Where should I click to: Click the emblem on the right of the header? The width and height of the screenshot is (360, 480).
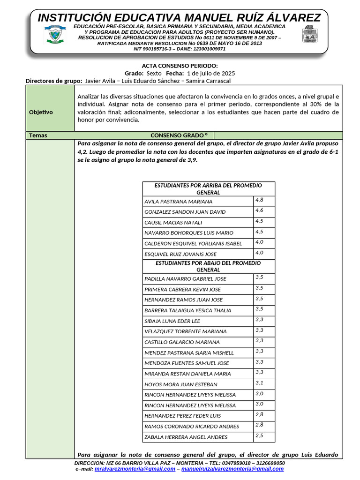309,35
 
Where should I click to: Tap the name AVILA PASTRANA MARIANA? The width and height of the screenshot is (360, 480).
178,202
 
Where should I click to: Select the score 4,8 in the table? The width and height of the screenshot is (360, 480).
259,200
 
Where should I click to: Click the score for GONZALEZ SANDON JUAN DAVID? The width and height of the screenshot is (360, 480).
259,210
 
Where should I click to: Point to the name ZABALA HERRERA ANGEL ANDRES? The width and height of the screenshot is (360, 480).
179,437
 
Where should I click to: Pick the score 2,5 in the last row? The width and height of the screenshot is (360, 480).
259,436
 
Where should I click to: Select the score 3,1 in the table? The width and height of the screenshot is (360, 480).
259,383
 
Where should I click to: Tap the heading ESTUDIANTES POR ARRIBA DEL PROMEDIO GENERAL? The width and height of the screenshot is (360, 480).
208,189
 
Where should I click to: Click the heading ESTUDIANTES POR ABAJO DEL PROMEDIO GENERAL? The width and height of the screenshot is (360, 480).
208,266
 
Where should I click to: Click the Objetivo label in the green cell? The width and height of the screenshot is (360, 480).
41,112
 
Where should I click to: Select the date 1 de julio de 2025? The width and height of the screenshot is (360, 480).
210,74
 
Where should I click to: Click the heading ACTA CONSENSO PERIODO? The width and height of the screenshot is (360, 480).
180,66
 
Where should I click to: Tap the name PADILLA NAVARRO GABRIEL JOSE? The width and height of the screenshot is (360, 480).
179,279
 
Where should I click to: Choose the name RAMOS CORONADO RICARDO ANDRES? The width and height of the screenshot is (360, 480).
185,427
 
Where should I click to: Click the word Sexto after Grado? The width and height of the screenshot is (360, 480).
154,74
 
